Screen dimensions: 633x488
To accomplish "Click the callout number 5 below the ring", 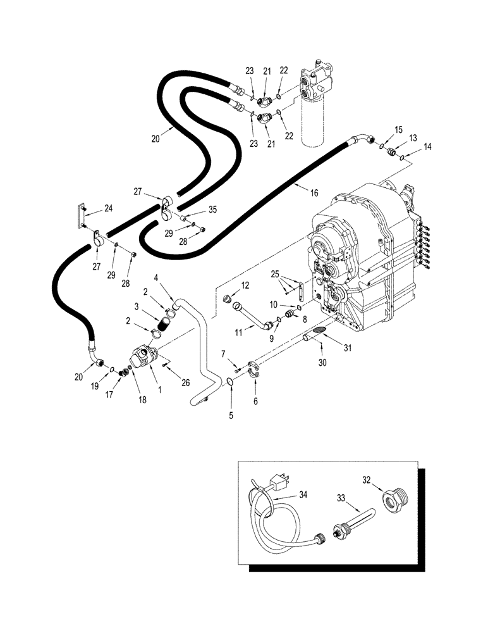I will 231,416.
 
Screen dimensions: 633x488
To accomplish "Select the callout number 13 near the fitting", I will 413,138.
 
